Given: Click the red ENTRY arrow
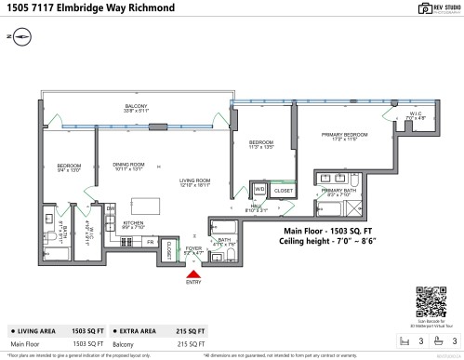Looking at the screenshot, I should tap(192, 273).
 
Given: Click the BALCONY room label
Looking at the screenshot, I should tap(137, 108).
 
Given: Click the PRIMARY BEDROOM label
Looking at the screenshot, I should tap(339, 135).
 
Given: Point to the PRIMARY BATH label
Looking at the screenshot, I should tap(338, 192).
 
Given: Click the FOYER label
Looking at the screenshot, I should tap(192, 249).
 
